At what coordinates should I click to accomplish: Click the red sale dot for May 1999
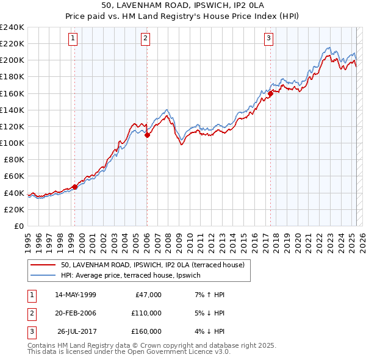coord(74,187)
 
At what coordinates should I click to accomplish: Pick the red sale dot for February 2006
coord(147,135)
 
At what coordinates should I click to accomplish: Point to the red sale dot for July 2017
coord(270,93)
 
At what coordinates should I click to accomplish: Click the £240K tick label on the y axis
coord(12,27)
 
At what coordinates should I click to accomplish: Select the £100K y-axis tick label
coord(12,143)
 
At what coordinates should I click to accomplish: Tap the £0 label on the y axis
coord(19,226)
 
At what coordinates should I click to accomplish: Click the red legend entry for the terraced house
coord(152,265)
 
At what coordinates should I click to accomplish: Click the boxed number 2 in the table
coord(31,313)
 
